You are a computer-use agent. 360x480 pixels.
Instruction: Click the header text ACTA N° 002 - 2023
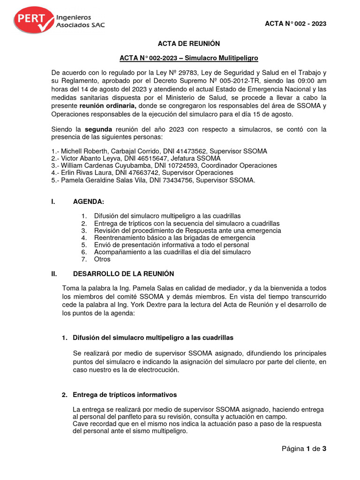click(296, 24)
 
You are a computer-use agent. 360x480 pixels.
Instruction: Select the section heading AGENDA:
click(89, 202)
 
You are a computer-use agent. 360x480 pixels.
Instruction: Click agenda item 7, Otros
click(102, 259)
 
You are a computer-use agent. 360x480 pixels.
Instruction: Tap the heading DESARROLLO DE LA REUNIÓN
click(123, 274)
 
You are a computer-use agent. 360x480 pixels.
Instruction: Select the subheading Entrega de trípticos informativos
click(125, 395)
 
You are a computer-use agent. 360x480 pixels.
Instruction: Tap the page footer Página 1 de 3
click(303, 449)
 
